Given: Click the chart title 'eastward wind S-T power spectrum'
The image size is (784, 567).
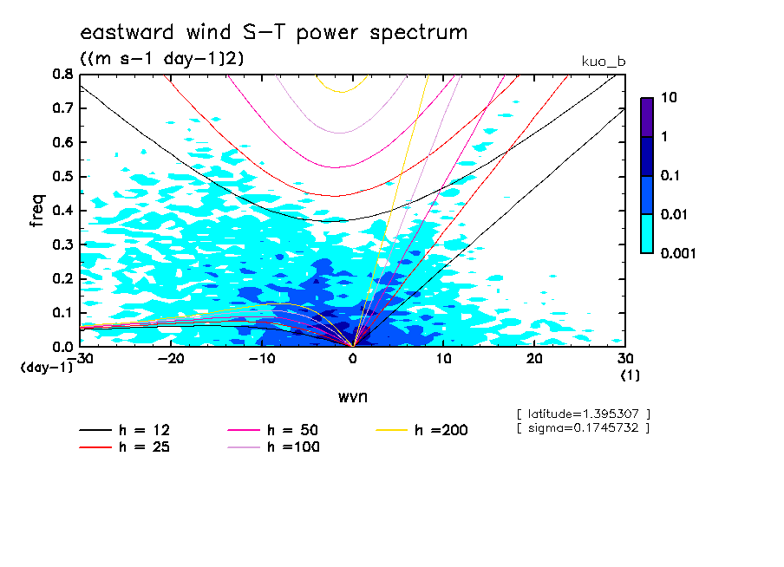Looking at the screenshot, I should click(273, 34).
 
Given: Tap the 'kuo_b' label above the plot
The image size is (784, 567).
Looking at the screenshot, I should click(604, 62).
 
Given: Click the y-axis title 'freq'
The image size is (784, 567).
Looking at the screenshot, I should click(37, 211).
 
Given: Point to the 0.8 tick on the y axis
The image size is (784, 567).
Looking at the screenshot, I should click(62, 75).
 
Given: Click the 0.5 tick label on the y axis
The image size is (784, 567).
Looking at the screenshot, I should click(62, 177).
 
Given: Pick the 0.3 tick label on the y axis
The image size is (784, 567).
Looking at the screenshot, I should click(62, 244).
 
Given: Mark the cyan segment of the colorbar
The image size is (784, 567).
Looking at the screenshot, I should click(647, 233).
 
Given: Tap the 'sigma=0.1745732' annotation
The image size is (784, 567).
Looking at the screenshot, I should click(582, 427).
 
